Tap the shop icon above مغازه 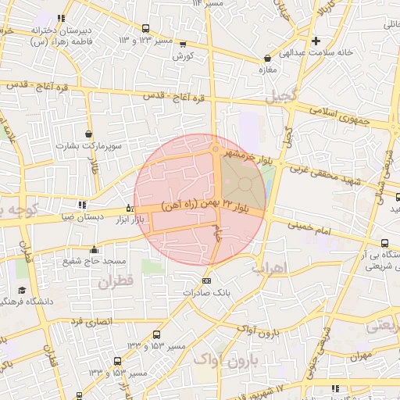tap(268, 58)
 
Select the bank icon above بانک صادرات tap(205, 280)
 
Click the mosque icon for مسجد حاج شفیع tap(95, 249)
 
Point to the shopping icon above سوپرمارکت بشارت tap(88, 134)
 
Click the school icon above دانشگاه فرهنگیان tap(21, 290)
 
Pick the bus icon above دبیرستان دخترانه tap(61, 18)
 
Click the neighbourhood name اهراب tap(270, 267)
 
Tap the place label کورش tap(183, 56)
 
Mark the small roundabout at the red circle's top tap(216, 149)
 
